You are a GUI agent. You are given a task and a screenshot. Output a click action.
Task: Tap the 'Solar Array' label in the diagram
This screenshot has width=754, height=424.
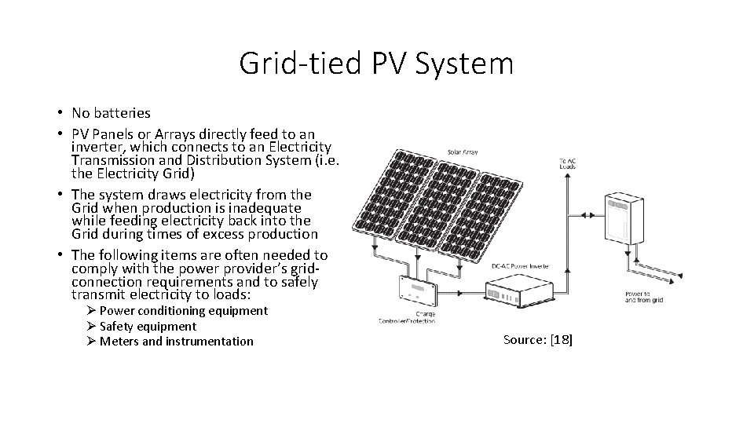pyautogui.click(x=465, y=151)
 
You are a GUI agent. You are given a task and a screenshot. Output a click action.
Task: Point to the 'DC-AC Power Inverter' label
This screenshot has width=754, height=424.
pyautogui.click(x=520, y=266)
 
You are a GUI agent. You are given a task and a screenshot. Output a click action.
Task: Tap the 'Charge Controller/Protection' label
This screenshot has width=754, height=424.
pyautogui.click(x=406, y=316)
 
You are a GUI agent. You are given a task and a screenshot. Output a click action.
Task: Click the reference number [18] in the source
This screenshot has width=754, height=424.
pyautogui.click(x=562, y=339)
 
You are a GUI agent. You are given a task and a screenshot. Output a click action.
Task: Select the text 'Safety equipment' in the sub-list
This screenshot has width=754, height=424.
pyautogui.click(x=148, y=326)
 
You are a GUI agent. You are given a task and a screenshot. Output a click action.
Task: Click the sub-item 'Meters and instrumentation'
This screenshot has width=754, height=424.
pyautogui.click(x=177, y=341)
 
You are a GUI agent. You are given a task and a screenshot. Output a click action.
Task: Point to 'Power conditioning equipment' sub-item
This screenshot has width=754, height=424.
pyautogui.click(x=184, y=311)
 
